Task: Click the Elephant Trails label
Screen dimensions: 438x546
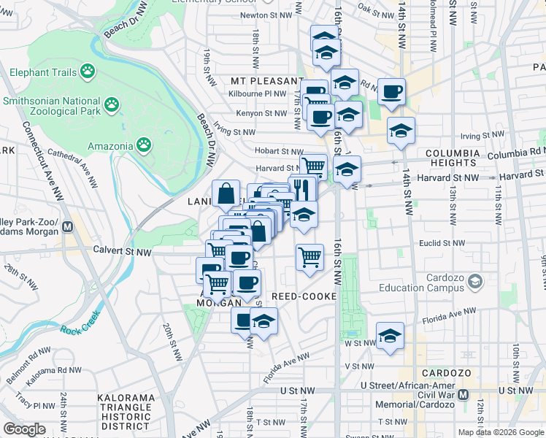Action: click(43, 72)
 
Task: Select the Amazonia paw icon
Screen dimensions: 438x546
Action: click(145, 145)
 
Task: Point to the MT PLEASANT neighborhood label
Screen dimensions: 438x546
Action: click(266, 81)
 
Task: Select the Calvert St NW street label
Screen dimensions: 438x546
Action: click(122, 250)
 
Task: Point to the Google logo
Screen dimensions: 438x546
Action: click(24, 429)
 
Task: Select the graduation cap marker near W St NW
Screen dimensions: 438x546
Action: click(391, 336)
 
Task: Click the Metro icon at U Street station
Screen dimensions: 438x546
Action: click(462, 395)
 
